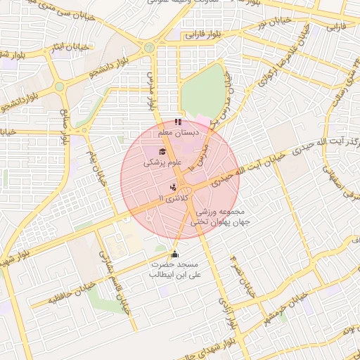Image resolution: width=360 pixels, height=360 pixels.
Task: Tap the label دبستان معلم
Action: pos(179,132)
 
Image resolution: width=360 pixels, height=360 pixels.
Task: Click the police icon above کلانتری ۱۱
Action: pos(173,187)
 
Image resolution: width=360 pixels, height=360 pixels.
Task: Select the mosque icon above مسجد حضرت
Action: pos(175,254)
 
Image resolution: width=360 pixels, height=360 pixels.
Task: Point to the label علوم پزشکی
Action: pos(162,162)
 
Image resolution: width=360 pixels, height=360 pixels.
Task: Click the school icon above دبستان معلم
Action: pos(178,122)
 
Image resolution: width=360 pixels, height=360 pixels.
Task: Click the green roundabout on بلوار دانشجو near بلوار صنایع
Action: pos(60,86)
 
